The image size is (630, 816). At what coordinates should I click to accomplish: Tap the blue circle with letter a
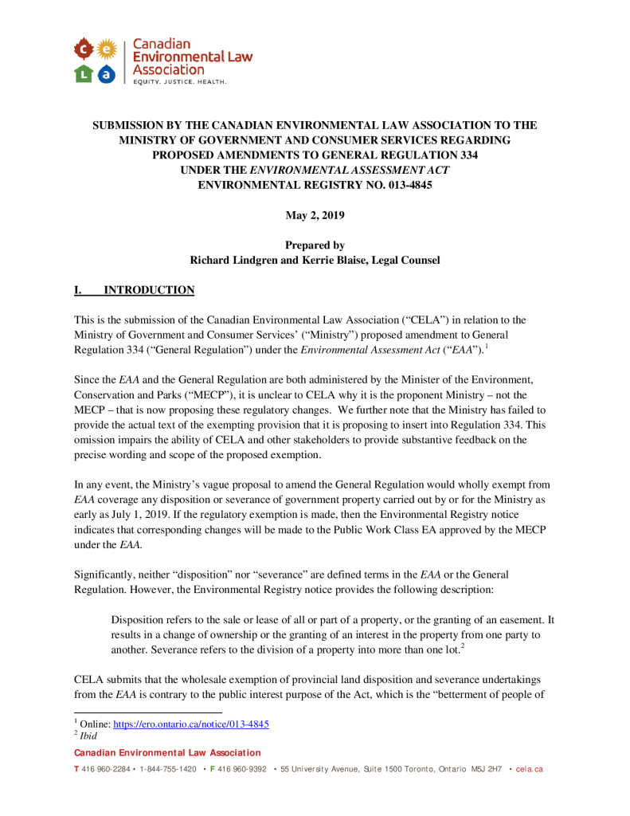pos(108,74)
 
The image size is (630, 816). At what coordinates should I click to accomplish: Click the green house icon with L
pos(83,74)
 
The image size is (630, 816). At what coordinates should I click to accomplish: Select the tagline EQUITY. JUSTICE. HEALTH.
pos(179,82)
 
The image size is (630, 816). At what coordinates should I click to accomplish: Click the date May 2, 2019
pos(315,215)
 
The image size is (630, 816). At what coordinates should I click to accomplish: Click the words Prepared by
pos(315,245)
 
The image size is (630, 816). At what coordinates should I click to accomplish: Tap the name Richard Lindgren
pos(237,260)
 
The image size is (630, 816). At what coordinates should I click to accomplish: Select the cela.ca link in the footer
pos(530,769)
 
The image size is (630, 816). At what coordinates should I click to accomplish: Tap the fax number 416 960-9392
pos(241,769)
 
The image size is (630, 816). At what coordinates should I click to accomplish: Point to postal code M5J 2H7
pos(487,769)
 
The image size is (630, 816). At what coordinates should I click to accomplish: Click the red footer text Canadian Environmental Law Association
pos(166,753)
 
